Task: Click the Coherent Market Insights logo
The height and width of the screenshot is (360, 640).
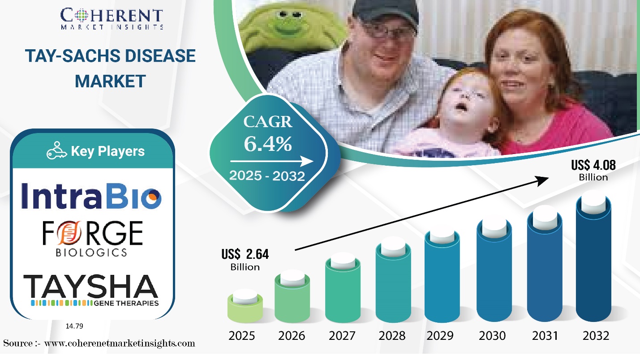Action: [112, 19]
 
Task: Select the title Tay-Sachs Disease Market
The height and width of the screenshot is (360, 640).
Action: [110, 68]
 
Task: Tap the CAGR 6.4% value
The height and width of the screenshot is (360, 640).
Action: [268, 143]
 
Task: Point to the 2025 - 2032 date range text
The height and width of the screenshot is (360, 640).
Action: [267, 176]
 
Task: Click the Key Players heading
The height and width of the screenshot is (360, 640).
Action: [96, 151]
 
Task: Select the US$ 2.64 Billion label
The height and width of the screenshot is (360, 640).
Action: [245, 260]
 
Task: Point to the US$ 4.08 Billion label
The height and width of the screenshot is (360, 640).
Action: [593, 171]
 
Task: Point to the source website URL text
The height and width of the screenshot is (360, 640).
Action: [99, 343]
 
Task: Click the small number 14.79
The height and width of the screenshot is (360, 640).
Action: [74, 326]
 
